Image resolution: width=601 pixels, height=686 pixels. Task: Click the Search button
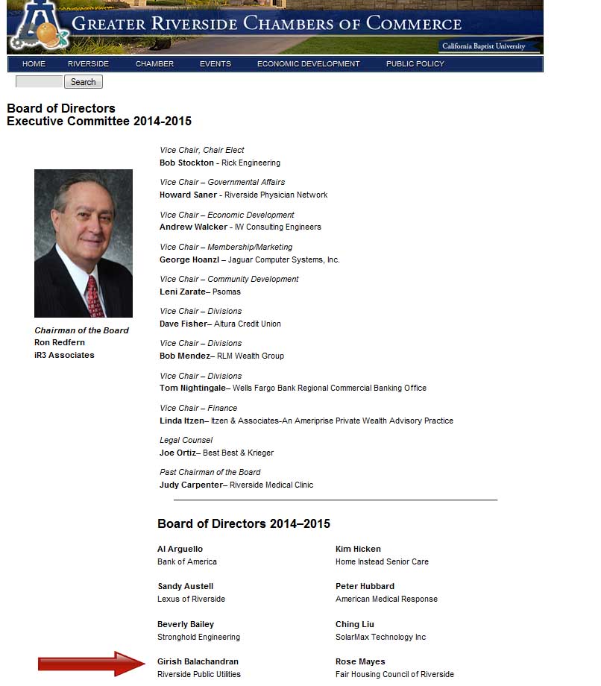[83, 82]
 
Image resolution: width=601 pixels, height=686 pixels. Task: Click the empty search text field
[39, 82]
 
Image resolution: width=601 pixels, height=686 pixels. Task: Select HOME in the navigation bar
[34, 64]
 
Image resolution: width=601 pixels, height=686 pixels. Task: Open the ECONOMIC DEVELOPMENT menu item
[308, 64]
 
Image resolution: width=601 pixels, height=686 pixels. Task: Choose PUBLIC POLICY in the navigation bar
[415, 64]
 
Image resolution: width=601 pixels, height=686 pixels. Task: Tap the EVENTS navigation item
[215, 64]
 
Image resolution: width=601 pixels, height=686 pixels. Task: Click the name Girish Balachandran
[198, 661]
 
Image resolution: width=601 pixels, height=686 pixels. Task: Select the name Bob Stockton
[186, 163]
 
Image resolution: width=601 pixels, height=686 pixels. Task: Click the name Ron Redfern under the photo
[60, 343]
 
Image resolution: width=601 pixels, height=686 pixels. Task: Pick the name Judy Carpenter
[191, 485]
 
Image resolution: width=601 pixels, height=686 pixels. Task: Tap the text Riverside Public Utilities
[198, 674]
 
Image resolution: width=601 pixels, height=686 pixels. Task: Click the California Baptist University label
[483, 46]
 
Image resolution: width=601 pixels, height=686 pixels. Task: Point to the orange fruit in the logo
[47, 34]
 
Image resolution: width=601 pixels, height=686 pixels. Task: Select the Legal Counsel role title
[186, 440]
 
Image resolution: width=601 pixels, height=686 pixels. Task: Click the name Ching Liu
[355, 624]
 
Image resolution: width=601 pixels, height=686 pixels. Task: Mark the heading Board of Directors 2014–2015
[244, 523]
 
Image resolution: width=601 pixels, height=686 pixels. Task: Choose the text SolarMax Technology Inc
[380, 637]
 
